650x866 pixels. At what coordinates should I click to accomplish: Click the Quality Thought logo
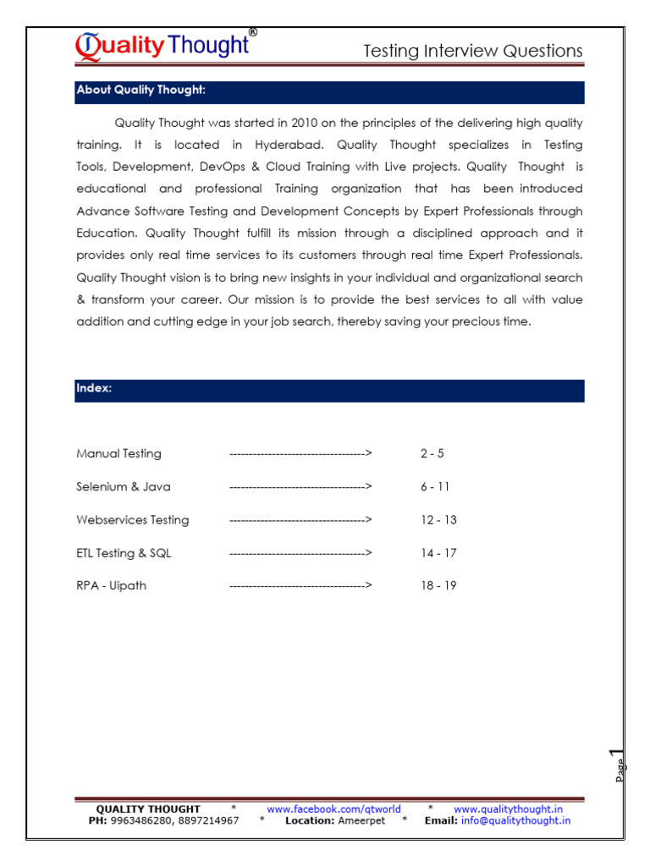[x=162, y=46]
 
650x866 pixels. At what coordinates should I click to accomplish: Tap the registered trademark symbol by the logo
[x=252, y=32]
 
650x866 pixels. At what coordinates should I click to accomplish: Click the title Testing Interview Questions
[x=472, y=51]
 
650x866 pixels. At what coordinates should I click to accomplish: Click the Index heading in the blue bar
[x=94, y=388]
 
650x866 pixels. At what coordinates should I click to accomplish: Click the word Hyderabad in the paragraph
[x=288, y=145]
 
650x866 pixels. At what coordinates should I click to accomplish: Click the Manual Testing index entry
[x=118, y=453]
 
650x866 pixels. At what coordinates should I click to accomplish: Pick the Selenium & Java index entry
[x=124, y=486]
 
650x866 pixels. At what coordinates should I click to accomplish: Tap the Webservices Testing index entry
[x=133, y=519]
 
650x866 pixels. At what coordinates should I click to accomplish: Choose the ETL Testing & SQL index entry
[x=124, y=552]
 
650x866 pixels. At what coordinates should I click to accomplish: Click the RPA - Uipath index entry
[x=111, y=585]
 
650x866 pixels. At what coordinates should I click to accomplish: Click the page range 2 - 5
[x=432, y=453]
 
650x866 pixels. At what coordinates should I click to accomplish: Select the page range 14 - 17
[x=438, y=552]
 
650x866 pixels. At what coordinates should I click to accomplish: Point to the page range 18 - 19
[x=438, y=585]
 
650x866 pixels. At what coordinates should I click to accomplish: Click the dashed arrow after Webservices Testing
[x=300, y=519]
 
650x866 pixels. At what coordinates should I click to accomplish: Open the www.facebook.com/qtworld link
[x=333, y=809]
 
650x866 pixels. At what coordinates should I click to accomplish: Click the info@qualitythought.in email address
[x=515, y=820]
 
